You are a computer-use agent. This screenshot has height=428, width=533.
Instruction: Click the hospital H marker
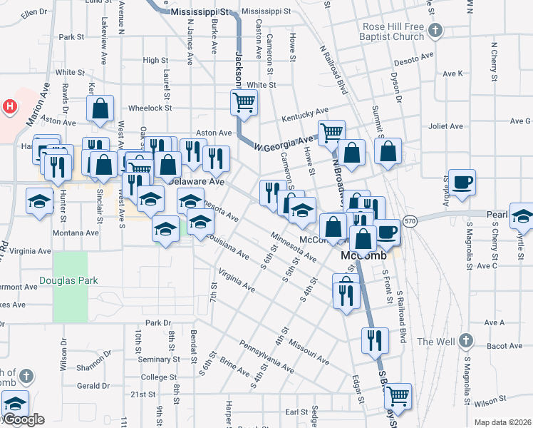[10, 108]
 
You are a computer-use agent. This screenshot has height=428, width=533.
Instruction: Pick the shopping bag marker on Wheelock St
[100, 109]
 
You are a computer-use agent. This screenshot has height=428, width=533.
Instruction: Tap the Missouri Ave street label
[308, 350]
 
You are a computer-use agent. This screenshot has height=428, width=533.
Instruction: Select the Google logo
[23, 419]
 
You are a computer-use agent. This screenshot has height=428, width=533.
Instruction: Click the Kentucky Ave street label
[304, 111]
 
